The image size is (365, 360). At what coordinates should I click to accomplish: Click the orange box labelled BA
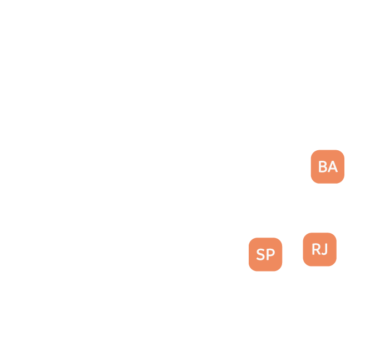click(x=327, y=166)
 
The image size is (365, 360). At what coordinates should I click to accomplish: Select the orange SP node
click(x=265, y=254)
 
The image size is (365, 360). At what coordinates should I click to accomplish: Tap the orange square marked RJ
click(x=319, y=249)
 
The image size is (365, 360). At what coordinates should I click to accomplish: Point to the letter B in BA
click(x=323, y=166)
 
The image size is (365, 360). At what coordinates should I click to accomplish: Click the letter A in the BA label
click(x=332, y=166)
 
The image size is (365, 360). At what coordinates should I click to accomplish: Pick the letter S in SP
click(x=260, y=255)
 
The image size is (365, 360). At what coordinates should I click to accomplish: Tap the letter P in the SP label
click(x=270, y=255)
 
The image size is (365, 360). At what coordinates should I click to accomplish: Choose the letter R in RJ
click(x=315, y=249)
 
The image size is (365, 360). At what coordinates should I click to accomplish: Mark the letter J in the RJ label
click(x=324, y=249)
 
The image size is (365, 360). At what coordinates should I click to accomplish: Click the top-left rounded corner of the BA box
click(x=313, y=152)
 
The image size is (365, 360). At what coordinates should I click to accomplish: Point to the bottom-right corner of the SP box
click(x=280, y=269)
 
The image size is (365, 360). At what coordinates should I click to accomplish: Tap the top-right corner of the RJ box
click(x=334, y=235)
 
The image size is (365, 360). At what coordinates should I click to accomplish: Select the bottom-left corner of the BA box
click(x=313, y=181)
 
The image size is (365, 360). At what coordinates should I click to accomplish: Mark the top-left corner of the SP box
click(x=251, y=240)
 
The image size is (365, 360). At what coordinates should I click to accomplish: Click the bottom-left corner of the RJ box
click(x=305, y=264)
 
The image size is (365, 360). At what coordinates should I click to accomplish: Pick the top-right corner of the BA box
click(x=342, y=152)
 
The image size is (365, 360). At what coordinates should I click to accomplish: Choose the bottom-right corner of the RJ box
click(x=334, y=264)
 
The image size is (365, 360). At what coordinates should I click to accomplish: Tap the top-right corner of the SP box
click(x=280, y=240)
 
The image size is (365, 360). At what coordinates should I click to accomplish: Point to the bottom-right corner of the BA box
click(x=342, y=181)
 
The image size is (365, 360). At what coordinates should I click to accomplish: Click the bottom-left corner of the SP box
click(x=251, y=269)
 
